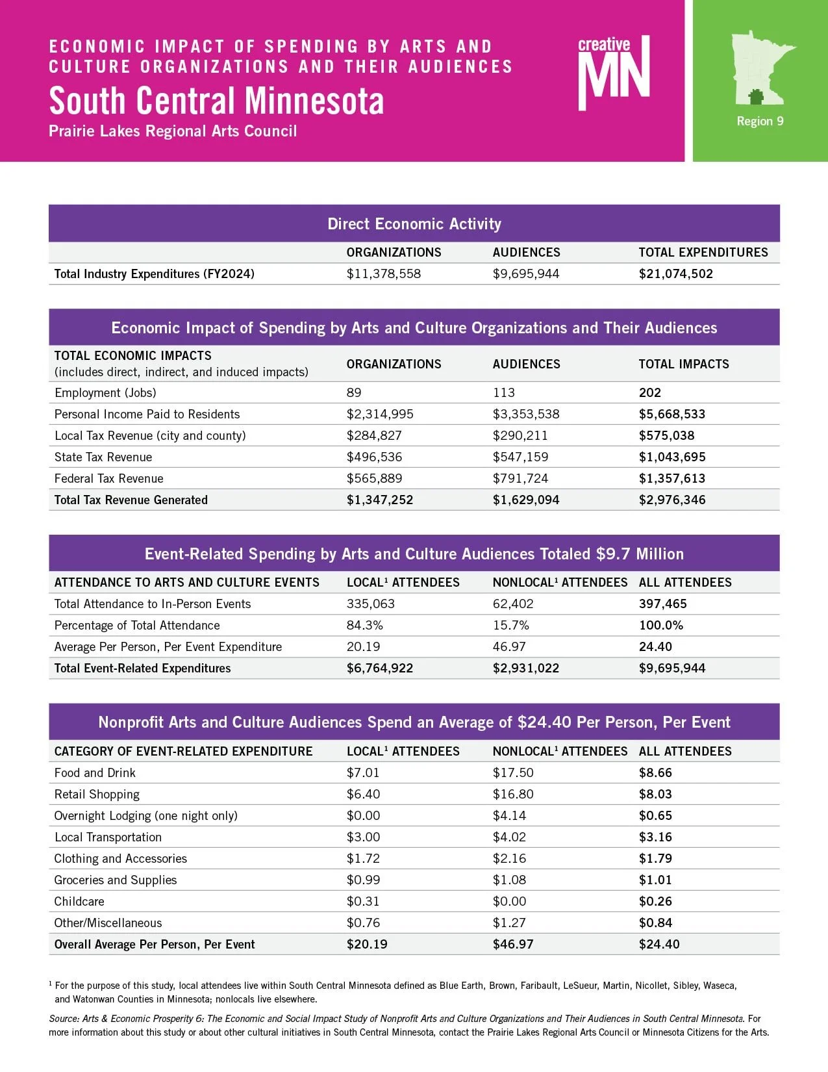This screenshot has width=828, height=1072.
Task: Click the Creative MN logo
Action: (613, 73)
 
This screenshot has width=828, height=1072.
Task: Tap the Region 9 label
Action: (760, 121)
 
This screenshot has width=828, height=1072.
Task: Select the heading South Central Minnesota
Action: (216, 101)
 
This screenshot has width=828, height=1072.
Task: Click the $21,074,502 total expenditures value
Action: (675, 274)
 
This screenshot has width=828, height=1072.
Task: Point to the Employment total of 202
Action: (649, 392)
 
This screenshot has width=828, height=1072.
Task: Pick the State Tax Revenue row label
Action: (103, 457)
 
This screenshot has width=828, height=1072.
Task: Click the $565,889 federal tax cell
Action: (374, 478)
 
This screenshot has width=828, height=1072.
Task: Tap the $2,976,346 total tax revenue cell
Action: (671, 500)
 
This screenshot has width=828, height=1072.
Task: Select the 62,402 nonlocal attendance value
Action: (512, 604)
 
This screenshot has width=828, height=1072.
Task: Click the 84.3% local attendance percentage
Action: (364, 625)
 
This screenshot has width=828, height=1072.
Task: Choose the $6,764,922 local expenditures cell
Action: (379, 668)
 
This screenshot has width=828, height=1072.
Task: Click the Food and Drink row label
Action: (95, 772)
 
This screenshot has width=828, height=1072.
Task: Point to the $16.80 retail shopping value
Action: (513, 794)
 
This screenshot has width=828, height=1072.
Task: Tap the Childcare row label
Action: (79, 901)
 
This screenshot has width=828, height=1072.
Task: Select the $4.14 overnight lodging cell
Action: (509, 815)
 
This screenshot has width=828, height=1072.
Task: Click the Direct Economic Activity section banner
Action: (414, 224)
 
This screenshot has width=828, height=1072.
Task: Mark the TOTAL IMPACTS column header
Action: (683, 364)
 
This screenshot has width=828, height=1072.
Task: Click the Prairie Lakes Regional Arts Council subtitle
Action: (173, 131)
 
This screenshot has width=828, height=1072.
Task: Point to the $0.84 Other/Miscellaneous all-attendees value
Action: (655, 923)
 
